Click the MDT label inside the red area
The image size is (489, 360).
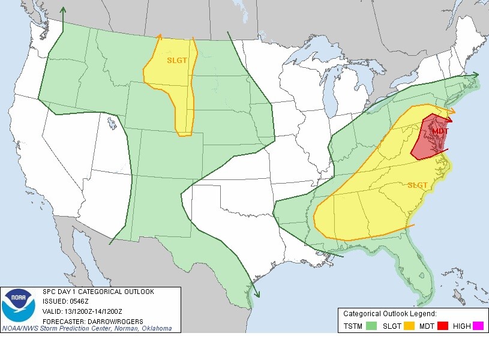(440, 131)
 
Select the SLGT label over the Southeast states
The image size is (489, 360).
(418, 185)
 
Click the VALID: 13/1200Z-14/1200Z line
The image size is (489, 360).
(83, 311)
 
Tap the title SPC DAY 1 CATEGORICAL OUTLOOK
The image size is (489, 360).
(98, 292)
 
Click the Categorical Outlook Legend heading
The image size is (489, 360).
(389, 313)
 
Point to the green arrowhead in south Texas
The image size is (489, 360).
(257, 294)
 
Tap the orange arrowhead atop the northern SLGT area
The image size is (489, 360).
(160, 37)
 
